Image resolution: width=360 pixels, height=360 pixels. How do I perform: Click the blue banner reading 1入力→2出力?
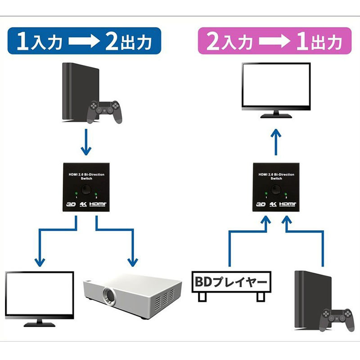pos(84,41)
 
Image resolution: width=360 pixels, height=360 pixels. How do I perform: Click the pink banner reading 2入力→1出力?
pos(274,41)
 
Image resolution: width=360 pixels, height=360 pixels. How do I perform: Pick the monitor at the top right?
pos(276,90)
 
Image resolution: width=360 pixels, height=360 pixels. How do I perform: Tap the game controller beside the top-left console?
pos(104,111)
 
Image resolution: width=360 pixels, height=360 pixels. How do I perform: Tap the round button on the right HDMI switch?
pos(276,191)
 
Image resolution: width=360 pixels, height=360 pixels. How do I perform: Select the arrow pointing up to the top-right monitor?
pos(276,141)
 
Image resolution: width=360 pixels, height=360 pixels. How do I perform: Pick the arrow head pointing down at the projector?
pos(133,261)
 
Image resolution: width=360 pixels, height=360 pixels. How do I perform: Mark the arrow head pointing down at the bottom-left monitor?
pos(39,261)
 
